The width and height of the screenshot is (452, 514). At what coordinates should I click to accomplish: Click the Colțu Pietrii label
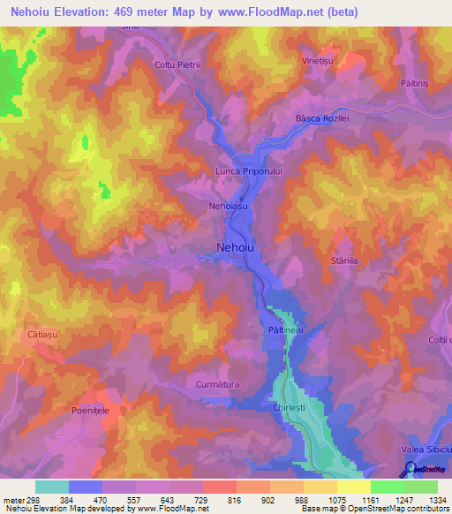(x=178, y=64)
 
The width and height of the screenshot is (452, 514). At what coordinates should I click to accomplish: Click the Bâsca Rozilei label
(x=324, y=119)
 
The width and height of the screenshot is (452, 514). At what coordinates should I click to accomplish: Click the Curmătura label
(x=217, y=384)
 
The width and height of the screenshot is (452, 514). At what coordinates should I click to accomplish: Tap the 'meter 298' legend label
(x=19, y=498)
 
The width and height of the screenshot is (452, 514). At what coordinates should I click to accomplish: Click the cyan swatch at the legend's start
(x=52, y=487)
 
